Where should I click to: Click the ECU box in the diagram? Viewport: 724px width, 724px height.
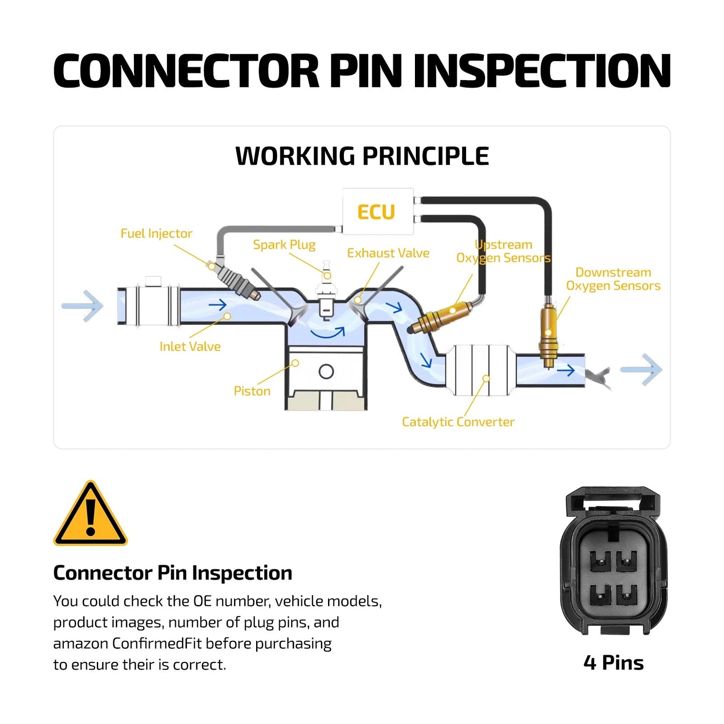(378, 211)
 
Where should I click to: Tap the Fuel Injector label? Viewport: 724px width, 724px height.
(156, 233)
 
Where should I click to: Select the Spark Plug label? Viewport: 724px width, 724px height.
(284, 245)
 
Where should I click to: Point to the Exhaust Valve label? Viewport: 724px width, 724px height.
(388, 253)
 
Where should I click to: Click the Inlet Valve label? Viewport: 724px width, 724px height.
(190, 347)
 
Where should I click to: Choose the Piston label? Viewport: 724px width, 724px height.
(252, 391)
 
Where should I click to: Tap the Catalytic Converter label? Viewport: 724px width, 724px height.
(458, 422)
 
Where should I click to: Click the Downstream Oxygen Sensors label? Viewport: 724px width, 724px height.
(613, 279)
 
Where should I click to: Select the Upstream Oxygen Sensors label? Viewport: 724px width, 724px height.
(503, 251)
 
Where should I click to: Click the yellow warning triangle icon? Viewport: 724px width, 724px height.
(90, 514)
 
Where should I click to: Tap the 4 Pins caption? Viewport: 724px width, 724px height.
(614, 663)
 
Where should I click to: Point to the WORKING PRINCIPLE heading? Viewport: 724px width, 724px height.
(362, 156)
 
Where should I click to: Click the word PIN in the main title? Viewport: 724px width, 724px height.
(366, 71)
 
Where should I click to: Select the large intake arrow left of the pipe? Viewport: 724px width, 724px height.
(83, 306)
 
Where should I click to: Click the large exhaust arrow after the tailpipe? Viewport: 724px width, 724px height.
(642, 370)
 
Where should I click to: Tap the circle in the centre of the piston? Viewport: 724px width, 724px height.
(326, 372)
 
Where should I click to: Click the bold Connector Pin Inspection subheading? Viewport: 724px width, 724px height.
(173, 573)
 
